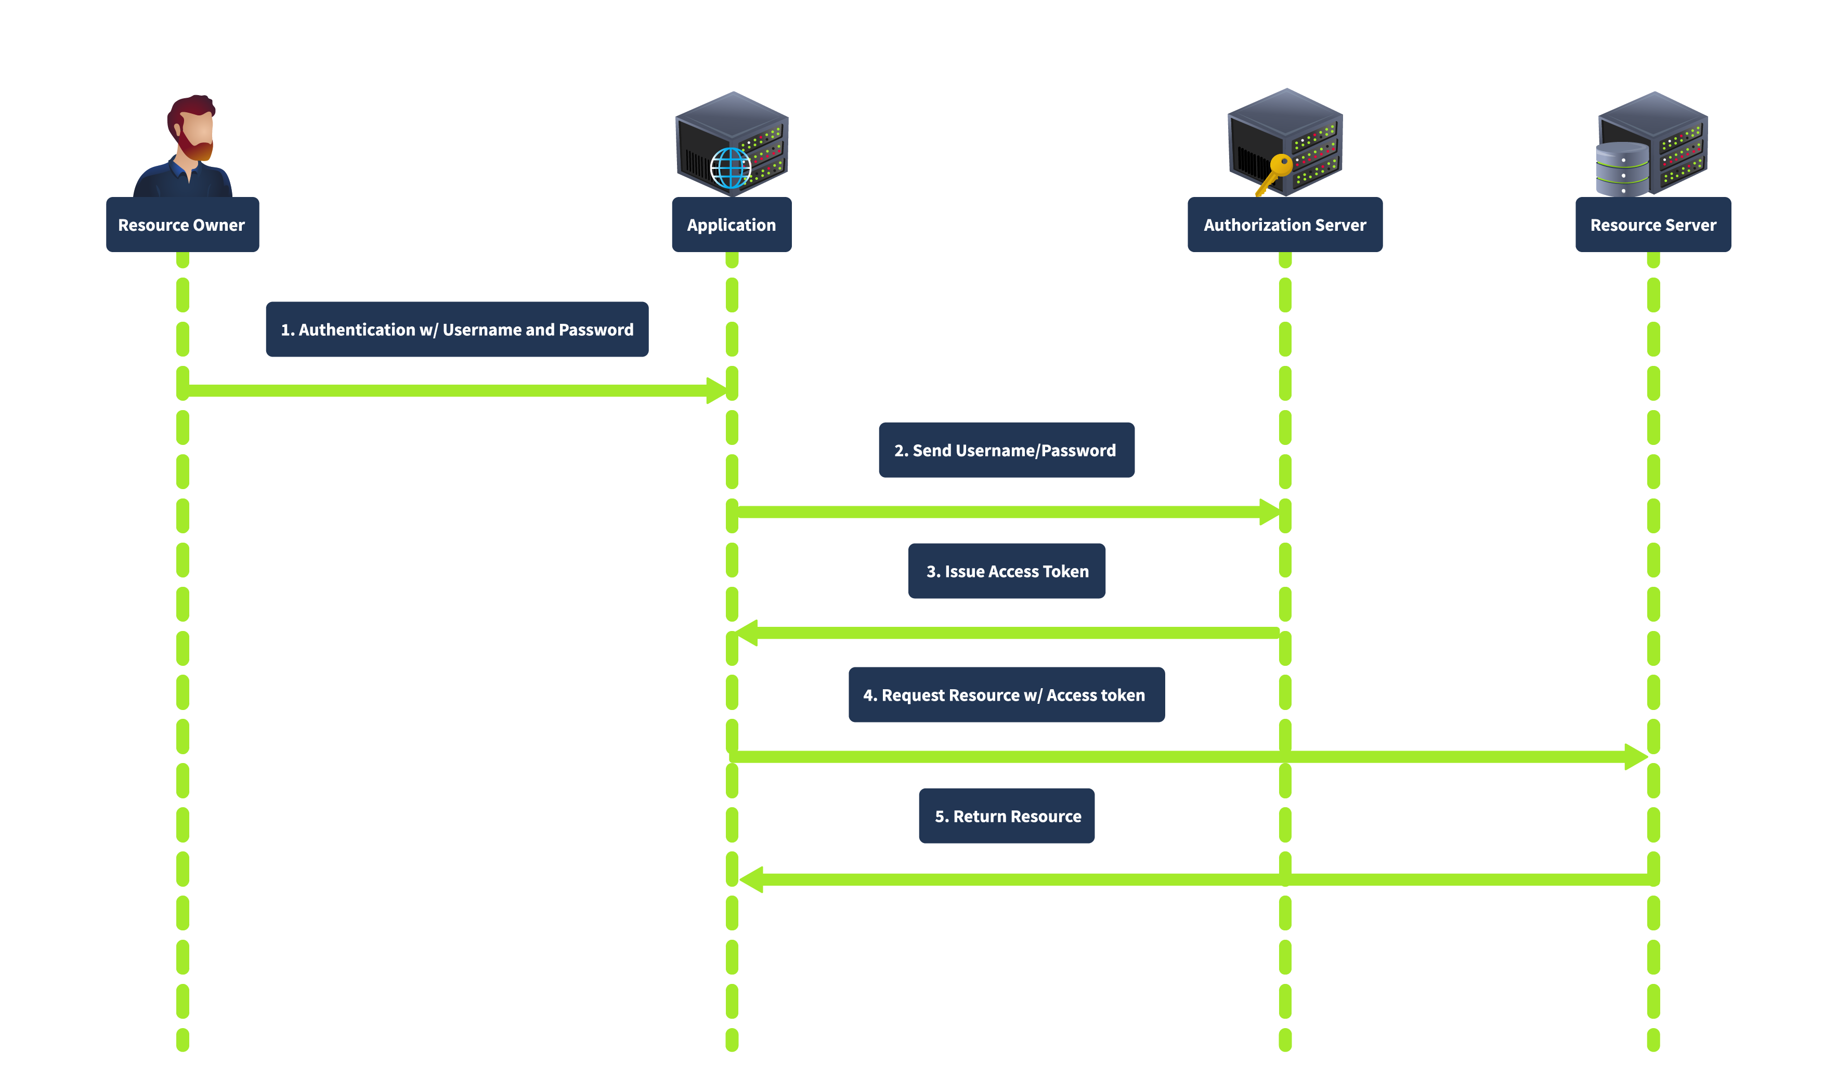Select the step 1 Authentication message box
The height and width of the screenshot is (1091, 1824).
point(457,330)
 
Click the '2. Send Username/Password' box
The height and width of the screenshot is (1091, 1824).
point(1006,450)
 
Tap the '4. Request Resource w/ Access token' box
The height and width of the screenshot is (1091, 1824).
point(1006,695)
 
